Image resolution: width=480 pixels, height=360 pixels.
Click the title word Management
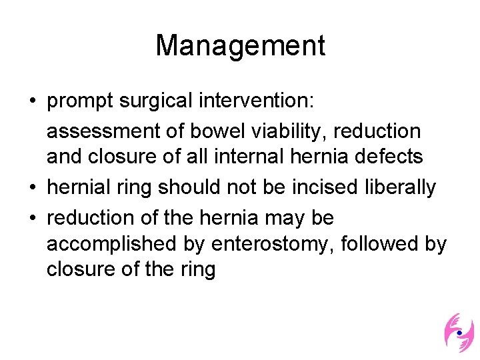pos(240,45)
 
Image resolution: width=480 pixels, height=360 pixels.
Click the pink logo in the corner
pos(459,331)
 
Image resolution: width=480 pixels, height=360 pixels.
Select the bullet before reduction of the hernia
pos(32,218)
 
